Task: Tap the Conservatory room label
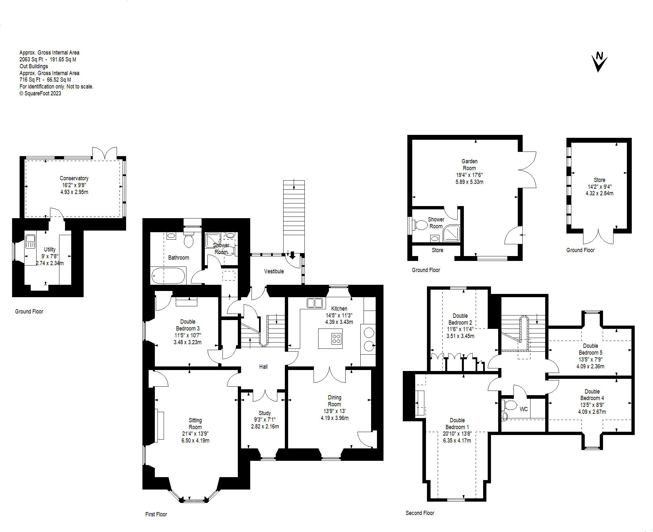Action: coord(74,178)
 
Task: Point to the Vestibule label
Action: coord(274,271)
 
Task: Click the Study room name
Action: coord(264,413)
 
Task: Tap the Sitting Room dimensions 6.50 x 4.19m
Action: coord(195,440)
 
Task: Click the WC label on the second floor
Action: coord(523,409)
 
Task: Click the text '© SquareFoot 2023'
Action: coord(40,93)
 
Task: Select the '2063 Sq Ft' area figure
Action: coord(31,59)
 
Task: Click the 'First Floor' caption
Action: coord(156,514)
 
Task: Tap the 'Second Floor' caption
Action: coord(420,513)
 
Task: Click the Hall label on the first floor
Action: coord(263,367)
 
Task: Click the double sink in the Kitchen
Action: coord(315,303)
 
